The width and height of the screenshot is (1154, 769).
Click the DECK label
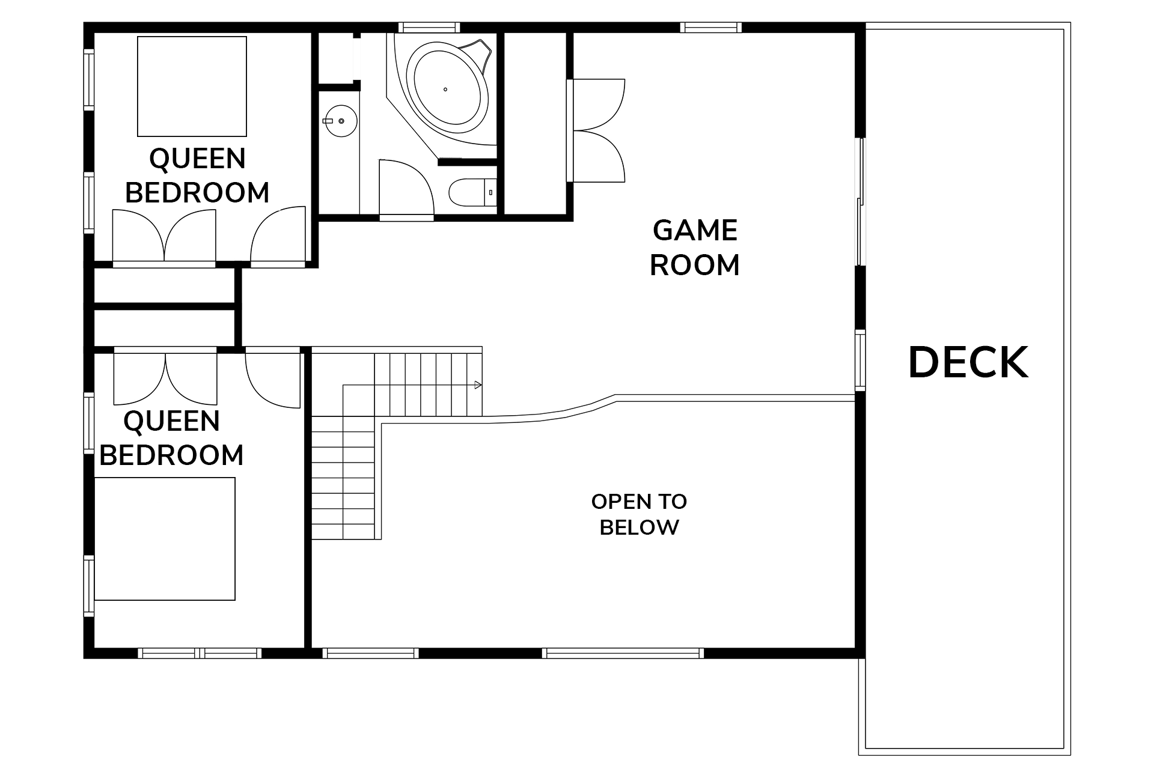pos(968,362)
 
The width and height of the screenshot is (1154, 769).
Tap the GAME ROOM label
pos(695,248)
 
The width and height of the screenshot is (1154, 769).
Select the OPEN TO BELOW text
pos(639,514)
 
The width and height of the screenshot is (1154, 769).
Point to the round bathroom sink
pos(341,121)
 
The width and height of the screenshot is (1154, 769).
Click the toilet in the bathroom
pos(472,192)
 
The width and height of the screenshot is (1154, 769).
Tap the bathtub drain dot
pos(445,90)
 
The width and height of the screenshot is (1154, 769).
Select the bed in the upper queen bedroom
pos(192,87)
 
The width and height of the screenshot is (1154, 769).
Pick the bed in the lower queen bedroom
pos(165,539)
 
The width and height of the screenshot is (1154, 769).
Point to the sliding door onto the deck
pos(860,201)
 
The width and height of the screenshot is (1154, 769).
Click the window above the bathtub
pos(429,27)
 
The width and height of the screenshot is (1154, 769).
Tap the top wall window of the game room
pos(711,27)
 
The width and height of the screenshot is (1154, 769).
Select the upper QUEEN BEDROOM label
pos(197,175)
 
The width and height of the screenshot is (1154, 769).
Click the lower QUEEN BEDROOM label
pos(171,438)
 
